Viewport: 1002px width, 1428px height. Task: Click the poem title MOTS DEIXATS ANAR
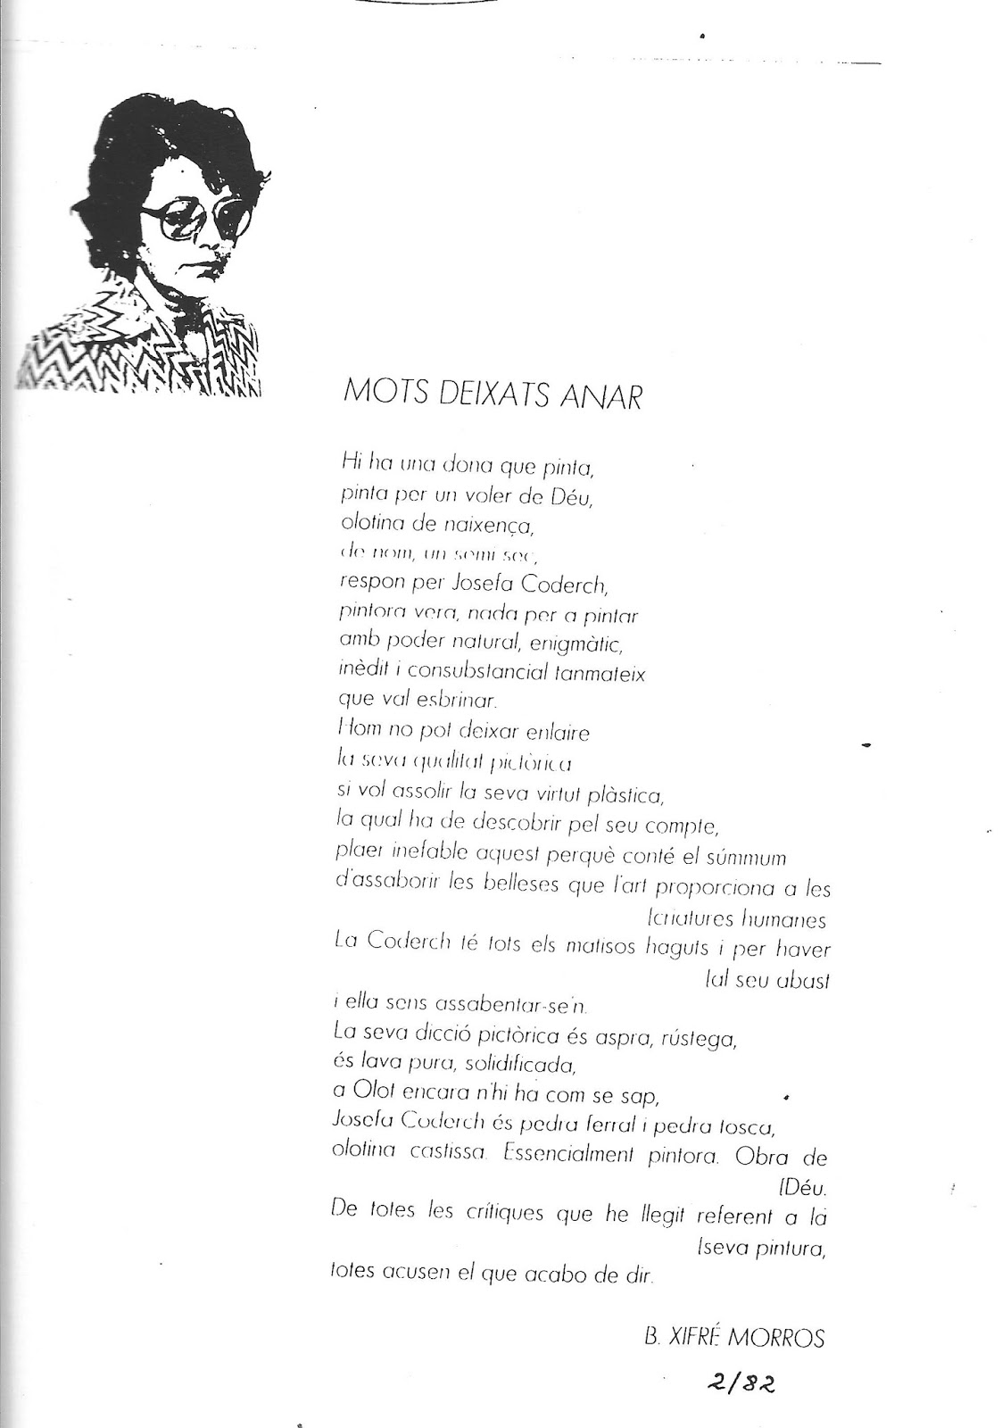[x=492, y=394]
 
